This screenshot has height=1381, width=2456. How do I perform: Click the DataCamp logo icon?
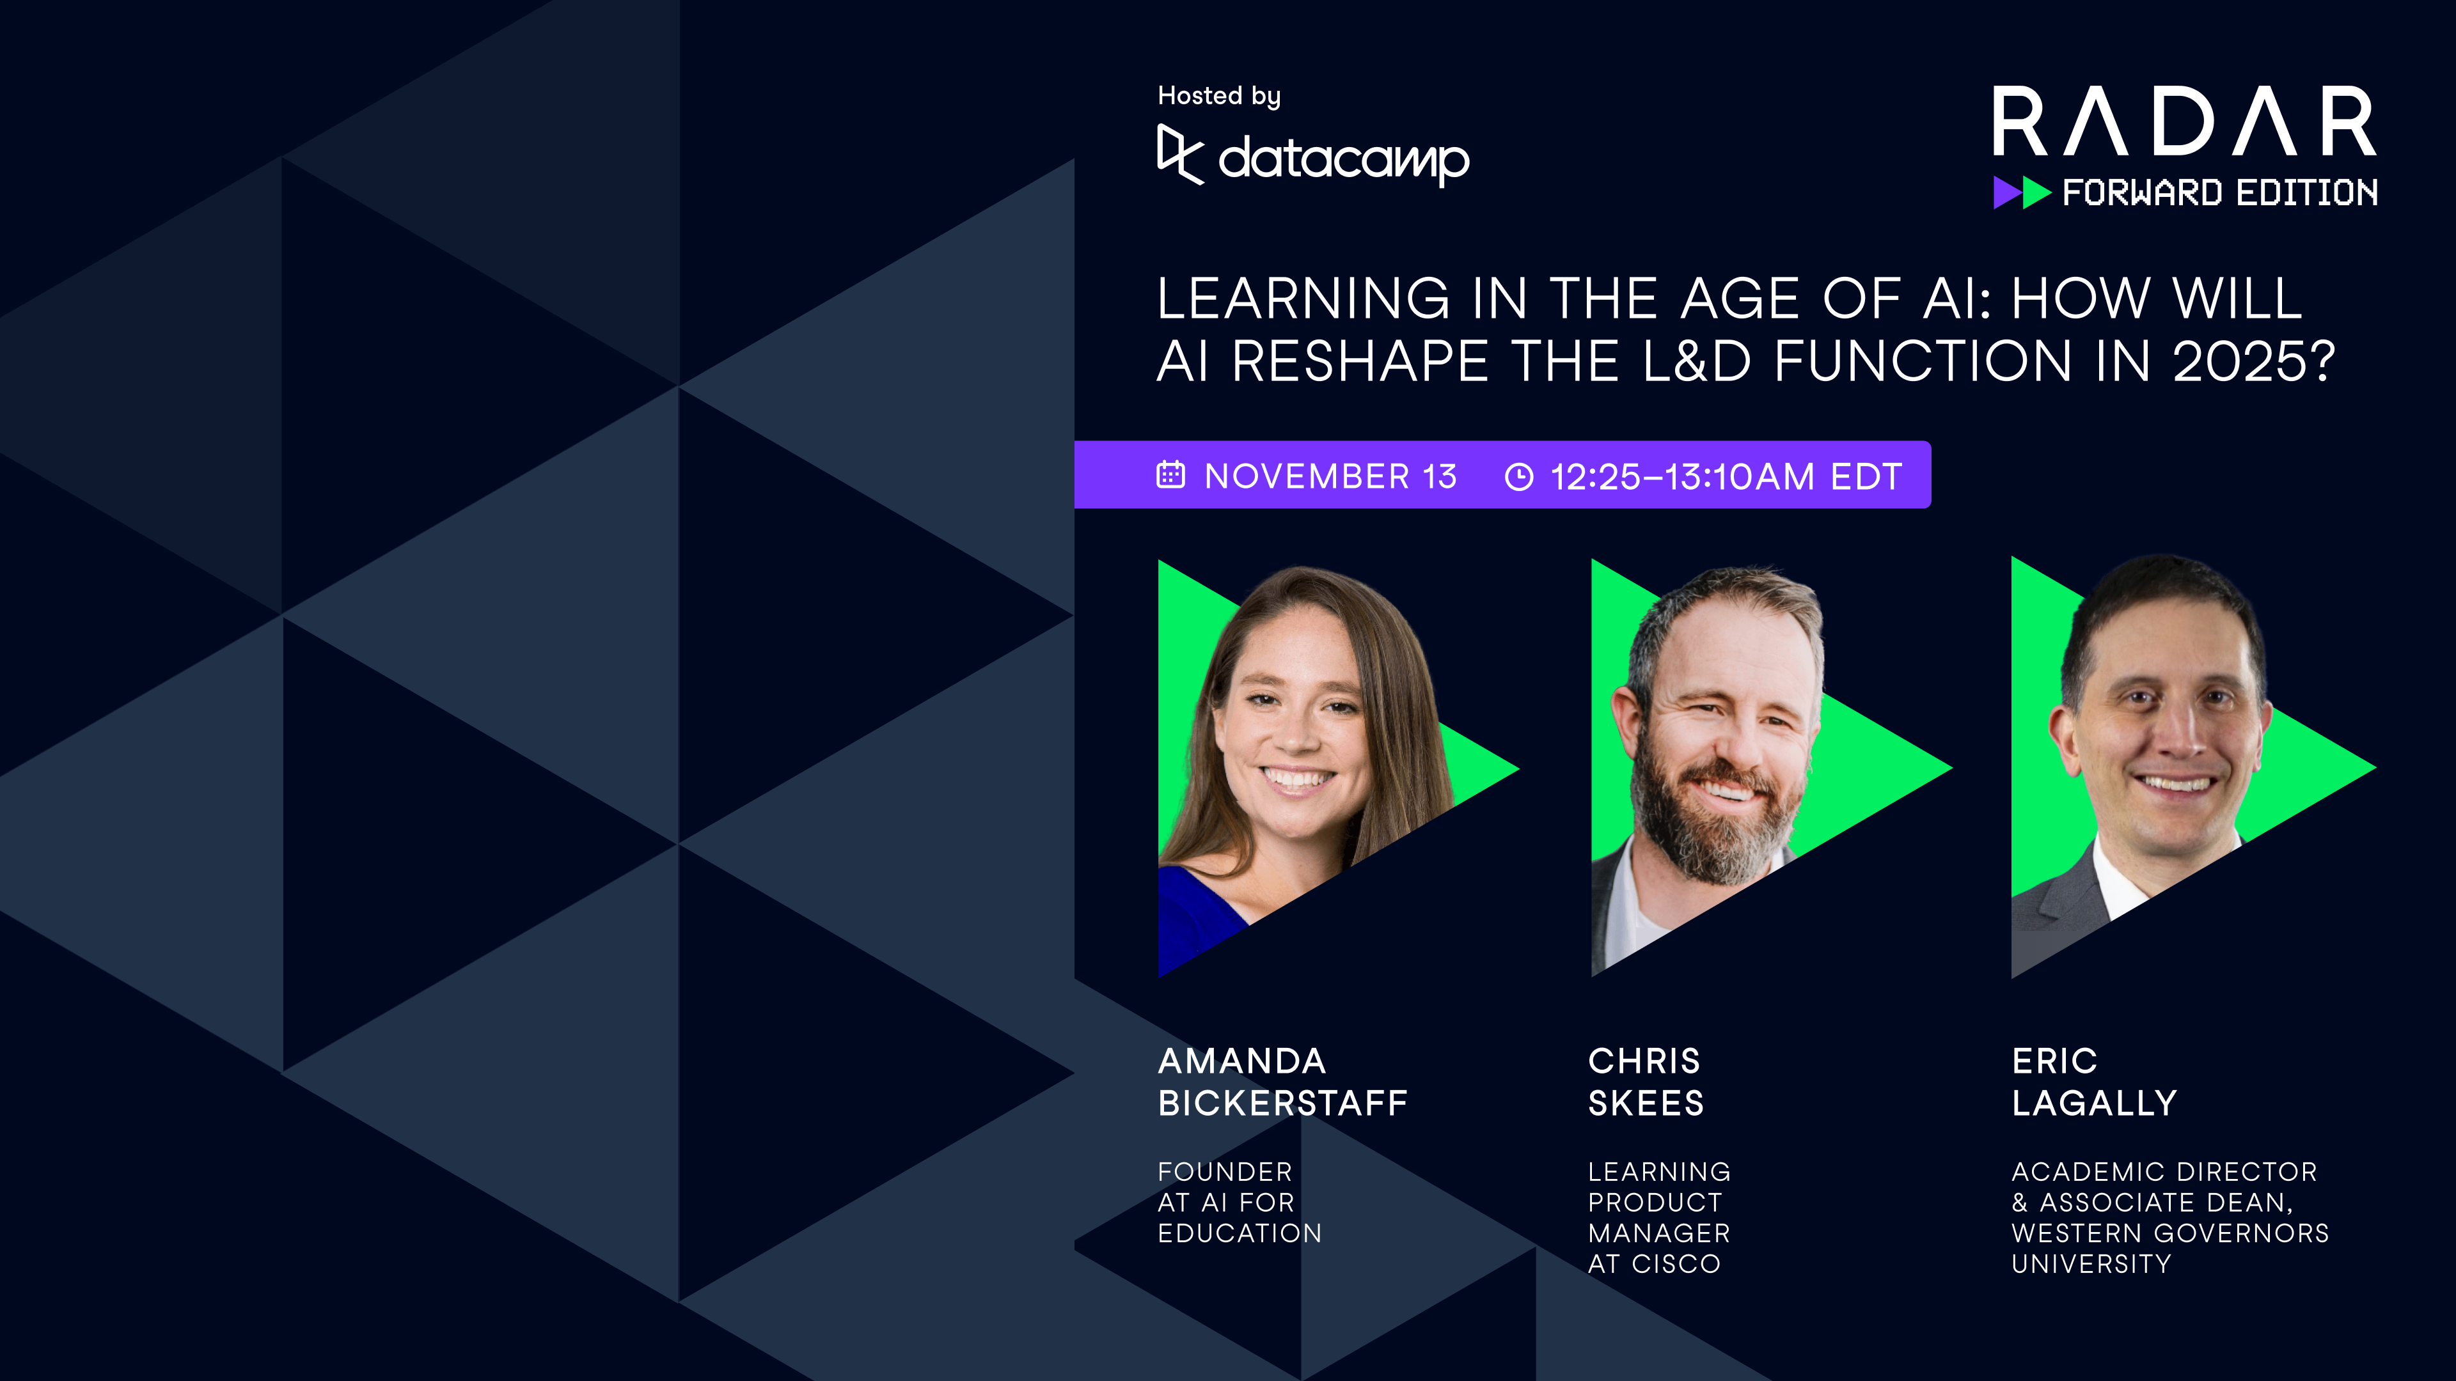click(1180, 154)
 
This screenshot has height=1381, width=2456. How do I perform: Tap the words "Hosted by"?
click(1218, 97)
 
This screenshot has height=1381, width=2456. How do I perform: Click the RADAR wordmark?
click(2184, 122)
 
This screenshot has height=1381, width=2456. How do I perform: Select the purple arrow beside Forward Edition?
click(2005, 192)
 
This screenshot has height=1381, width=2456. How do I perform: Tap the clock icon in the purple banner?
click(1519, 476)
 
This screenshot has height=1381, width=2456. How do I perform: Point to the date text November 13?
click(1330, 476)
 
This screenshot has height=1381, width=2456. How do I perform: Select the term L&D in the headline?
click(1697, 362)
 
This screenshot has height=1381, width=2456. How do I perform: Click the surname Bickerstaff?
click(1282, 1104)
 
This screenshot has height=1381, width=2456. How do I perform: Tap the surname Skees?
click(1646, 1104)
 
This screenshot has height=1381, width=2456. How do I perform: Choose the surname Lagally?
click(2094, 1104)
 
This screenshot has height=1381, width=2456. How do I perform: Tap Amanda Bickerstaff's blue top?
click(1197, 915)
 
